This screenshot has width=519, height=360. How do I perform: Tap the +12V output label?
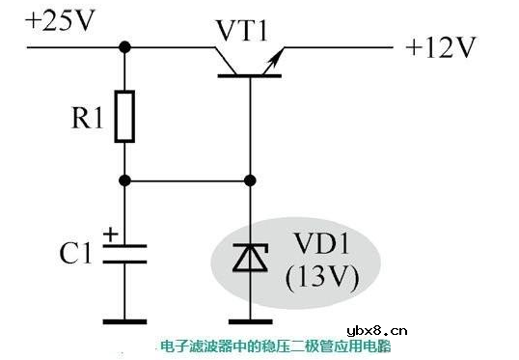coord(442,47)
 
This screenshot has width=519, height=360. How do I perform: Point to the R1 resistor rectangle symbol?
coord(124,117)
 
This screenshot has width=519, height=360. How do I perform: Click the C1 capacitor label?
coord(76,254)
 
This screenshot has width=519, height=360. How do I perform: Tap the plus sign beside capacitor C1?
coord(110,234)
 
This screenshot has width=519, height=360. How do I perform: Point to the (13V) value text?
coord(322,277)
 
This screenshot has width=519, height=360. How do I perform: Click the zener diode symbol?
coord(250,259)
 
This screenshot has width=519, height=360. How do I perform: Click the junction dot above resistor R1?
coord(124,45)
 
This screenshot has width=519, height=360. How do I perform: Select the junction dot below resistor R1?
coord(124,180)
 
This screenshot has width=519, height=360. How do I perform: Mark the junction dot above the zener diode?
coord(251,180)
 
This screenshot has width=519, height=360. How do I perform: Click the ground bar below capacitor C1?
coord(124,318)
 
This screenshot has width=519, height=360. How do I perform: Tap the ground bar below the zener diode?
coord(250,318)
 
